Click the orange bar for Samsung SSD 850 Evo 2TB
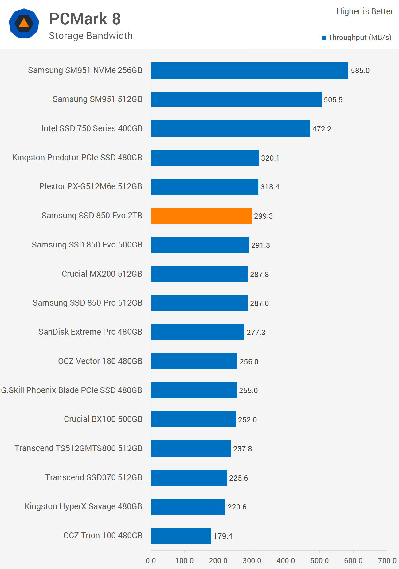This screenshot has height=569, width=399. pos(201,216)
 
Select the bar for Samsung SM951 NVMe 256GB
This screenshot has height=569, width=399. pos(249,70)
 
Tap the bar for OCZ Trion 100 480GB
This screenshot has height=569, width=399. pos(181,536)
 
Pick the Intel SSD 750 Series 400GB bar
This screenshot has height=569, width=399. pos(230,128)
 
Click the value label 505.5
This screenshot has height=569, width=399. pos(333,100)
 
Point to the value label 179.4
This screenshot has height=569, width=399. pos(223,536)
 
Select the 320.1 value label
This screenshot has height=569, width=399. pos(270,158)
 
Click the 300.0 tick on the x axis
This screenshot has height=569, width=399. pos(252,560)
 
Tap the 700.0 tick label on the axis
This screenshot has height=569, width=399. pos(387,560)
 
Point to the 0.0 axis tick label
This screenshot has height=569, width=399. pos(151,560)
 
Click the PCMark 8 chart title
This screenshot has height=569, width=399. pos(85,19)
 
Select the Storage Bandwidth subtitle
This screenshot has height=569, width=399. pos(91,36)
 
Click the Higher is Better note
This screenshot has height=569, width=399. pos(365,11)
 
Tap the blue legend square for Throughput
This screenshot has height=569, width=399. pos(323,38)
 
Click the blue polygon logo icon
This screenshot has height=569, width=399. pos(24,23)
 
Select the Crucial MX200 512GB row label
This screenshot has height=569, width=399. pos(102,274)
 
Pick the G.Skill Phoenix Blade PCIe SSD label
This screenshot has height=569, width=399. pos(72,390)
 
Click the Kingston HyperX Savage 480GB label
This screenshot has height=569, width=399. pos(83,506)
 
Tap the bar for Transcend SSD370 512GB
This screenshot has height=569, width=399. pos(189,477)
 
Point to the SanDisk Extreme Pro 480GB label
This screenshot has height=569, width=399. pos(90,332)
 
